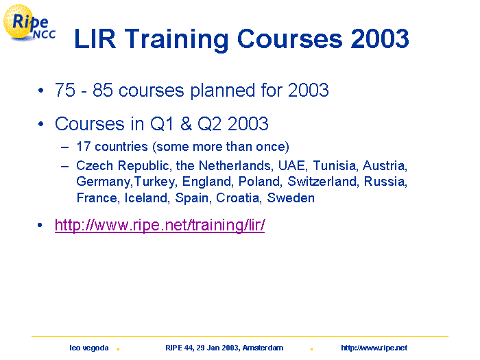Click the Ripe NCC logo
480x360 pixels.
click(29, 23)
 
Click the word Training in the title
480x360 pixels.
click(177, 40)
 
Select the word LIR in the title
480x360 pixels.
click(95, 38)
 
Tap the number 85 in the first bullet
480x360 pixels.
click(103, 90)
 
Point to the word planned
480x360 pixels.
click(223, 91)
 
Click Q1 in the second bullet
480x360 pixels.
click(162, 124)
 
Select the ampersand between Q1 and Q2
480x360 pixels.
click(186, 123)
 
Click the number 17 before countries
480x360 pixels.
click(84, 147)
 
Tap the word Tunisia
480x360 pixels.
click(335, 166)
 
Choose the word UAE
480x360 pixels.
click(292, 166)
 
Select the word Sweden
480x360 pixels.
click(291, 198)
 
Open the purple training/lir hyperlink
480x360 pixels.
click(160, 226)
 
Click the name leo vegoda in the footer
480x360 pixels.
click(88, 348)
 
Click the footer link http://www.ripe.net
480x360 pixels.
click(374, 348)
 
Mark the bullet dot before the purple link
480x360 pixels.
click(40, 226)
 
